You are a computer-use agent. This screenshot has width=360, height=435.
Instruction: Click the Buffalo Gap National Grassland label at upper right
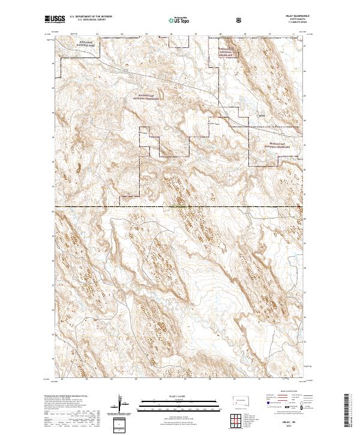pos(228,53)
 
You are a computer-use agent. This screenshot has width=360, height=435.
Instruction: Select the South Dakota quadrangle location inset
pos(241,401)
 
